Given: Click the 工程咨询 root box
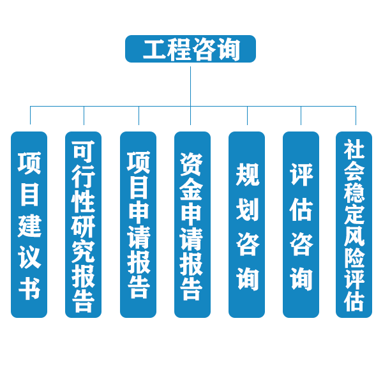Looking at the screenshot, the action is pyautogui.click(x=190, y=49).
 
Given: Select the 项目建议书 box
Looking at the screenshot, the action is pyautogui.click(x=29, y=225).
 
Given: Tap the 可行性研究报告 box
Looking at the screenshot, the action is pyautogui.click(x=83, y=225).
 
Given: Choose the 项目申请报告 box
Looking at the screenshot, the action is pyautogui.click(x=138, y=225).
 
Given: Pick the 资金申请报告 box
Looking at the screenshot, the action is pyautogui.click(x=192, y=225).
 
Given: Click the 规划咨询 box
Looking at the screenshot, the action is pyautogui.click(x=246, y=225).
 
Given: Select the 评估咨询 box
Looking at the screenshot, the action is pyautogui.click(x=301, y=225).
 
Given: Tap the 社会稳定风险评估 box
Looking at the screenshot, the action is pyautogui.click(x=354, y=225).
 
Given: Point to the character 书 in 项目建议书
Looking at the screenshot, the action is pyautogui.click(x=29, y=289).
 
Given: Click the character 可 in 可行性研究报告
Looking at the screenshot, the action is pyautogui.click(x=83, y=151).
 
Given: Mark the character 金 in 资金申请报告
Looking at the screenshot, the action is pyautogui.click(x=192, y=189).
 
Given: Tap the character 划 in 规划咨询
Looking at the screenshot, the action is pyautogui.click(x=247, y=209).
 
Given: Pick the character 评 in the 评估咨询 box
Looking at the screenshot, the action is pyautogui.click(x=301, y=174).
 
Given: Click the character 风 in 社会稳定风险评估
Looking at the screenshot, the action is pyautogui.click(x=354, y=235).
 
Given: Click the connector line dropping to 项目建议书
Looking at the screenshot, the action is pyautogui.click(x=30, y=116).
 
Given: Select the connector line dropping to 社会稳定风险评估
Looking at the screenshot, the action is pyautogui.click(x=356, y=116).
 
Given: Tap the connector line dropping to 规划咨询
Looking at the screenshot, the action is pyautogui.click(x=247, y=116).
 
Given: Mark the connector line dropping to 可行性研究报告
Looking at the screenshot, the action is pyautogui.click(x=84, y=116).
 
